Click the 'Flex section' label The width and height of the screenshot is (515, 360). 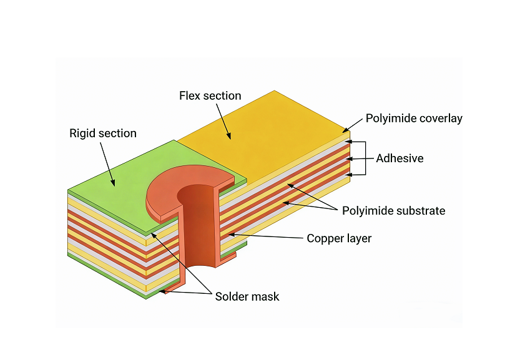point(210,95)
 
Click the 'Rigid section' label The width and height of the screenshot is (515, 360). point(103,134)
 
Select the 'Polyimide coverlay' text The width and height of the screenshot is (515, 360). point(414,119)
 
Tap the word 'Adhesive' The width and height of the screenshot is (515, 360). point(400,158)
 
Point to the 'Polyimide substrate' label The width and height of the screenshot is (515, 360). point(393,211)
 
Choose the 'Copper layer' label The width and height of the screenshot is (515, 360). point(339,238)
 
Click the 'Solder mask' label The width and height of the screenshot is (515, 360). point(247,296)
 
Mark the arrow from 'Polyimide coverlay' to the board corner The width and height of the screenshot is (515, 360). point(353,125)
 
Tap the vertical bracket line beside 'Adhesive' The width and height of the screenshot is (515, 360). point(365,158)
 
